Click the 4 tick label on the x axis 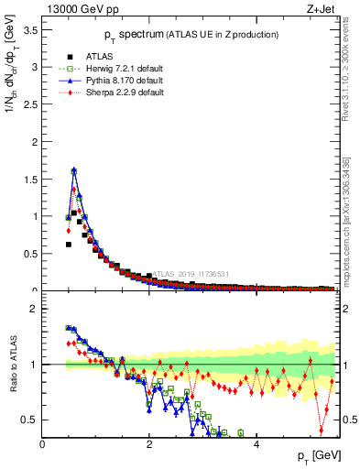pyautogui.click(x=256, y=444)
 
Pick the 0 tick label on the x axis pyautogui.click(x=42, y=444)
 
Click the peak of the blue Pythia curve pyautogui.click(x=73, y=169)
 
